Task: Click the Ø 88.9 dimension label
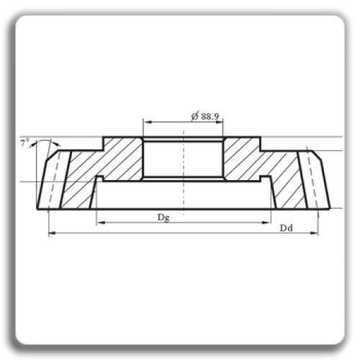(x=205, y=117)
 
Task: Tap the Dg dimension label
(x=163, y=217)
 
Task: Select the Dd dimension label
(x=287, y=228)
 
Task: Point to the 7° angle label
(x=24, y=143)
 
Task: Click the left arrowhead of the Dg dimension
(x=101, y=222)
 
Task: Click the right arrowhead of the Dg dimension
(x=266, y=222)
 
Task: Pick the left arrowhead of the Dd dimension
(x=53, y=233)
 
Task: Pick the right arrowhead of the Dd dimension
(x=314, y=233)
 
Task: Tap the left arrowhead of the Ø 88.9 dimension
(x=148, y=122)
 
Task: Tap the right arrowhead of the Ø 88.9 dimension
(x=219, y=122)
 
